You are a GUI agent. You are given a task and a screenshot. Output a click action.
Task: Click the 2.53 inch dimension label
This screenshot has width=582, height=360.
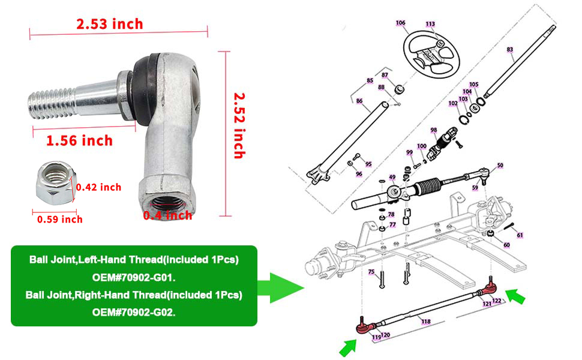pyautogui.click(x=109, y=24)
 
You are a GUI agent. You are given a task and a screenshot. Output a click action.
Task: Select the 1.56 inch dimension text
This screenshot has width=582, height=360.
pyautogui.click(x=79, y=140)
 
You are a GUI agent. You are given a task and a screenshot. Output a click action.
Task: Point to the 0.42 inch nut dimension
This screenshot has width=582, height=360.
pyautogui.click(x=98, y=187)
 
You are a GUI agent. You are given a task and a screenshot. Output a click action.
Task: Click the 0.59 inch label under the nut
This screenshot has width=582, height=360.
pyautogui.click(x=59, y=219)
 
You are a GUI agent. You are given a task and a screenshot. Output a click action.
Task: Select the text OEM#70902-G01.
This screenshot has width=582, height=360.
pyautogui.click(x=134, y=277)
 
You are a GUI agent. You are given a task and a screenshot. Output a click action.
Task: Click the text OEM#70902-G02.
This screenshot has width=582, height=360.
pyautogui.click(x=134, y=312)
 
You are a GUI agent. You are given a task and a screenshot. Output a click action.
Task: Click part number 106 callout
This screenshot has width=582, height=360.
pyautogui.click(x=400, y=23)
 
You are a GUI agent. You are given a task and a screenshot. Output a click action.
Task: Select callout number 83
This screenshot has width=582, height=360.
pyautogui.click(x=510, y=49)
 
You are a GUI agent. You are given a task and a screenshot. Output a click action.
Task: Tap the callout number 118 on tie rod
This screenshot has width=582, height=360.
pyautogui.click(x=425, y=322)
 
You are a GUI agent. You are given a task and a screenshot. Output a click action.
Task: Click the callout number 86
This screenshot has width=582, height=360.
pyautogui.click(x=359, y=101)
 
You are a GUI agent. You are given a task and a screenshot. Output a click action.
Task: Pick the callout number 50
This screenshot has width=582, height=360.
pyautogui.click(x=500, y=165)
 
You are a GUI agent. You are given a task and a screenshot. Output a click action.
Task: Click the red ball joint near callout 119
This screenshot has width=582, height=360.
pyautogui.click(x=364, y=328)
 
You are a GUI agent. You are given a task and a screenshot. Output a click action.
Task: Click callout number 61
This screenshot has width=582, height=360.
pyautogui.click(x=520, y=235)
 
